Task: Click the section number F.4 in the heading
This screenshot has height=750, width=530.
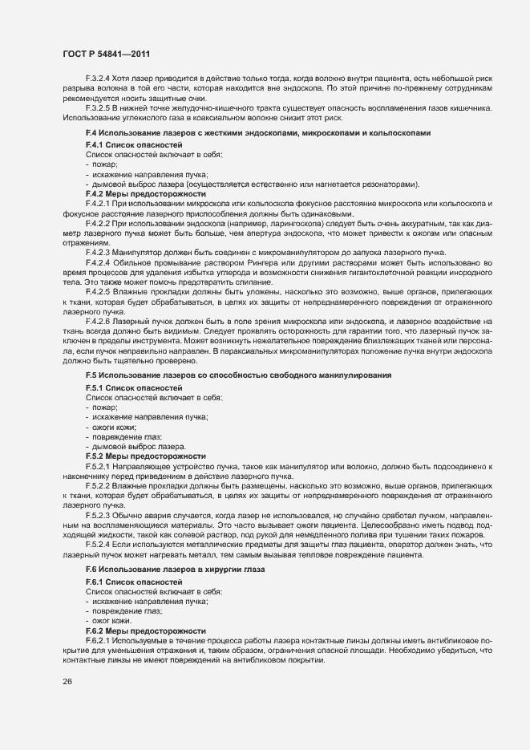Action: pyautogui.click(x=91, y=132)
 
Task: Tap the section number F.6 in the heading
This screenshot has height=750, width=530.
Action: pyautogui.click(x=91, y=569)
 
